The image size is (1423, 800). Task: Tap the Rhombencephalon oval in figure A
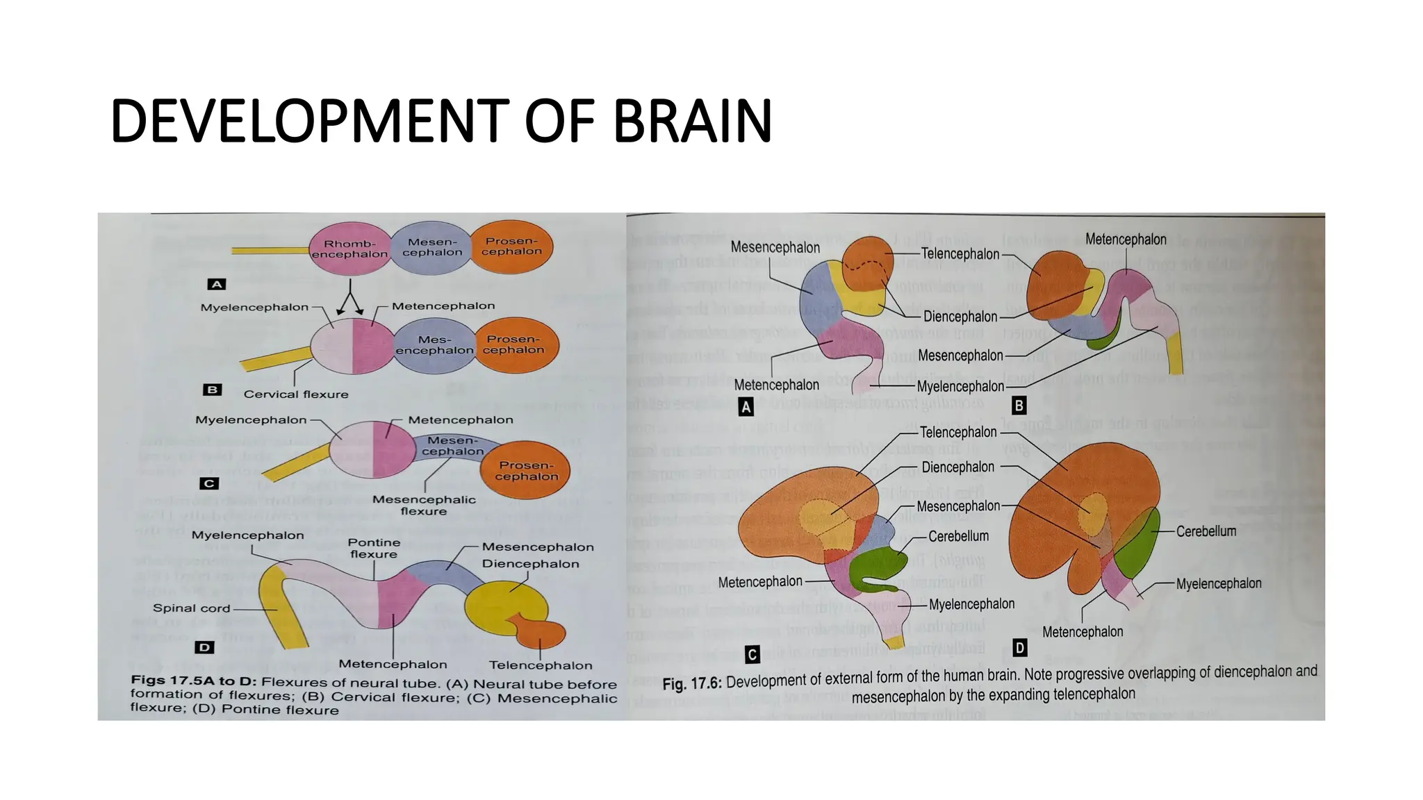(x=349, y=249)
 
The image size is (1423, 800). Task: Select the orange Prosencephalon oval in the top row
(x=511, y=247)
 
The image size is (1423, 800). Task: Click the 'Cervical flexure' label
(x=296, y=394)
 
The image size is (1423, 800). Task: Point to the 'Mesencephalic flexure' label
(x=424, y=506)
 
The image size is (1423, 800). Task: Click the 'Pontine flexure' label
(x=374, y=548)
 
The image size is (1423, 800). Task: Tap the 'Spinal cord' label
(x=191, y=608)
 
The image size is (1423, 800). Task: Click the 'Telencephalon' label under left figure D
(x=541, y=665)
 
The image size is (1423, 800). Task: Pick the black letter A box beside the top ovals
(x=217, y=284)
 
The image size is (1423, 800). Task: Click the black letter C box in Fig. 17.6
(x=752, y=654)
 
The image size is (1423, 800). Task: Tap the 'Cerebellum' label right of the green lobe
(x=1206, y=531)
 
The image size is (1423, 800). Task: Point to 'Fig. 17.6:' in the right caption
(x=692, y=684)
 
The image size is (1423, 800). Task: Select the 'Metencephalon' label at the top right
(x=1126, y=240)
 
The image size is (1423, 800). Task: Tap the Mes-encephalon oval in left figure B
(x=435, y=345)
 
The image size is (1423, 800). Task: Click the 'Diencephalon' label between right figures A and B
(x=960, y=317)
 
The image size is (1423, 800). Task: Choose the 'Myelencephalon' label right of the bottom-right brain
(x=1219, y=584)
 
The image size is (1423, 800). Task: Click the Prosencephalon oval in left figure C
(x=526, y=471)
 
